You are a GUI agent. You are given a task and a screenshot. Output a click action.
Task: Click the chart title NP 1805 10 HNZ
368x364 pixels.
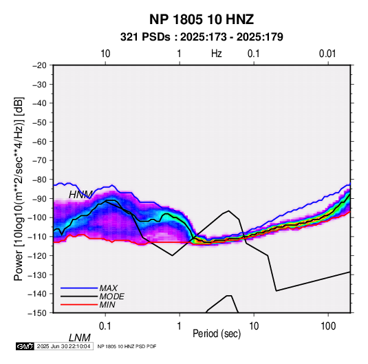click(202, 19)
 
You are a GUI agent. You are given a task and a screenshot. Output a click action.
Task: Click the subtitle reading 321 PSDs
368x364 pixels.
click(145, 37)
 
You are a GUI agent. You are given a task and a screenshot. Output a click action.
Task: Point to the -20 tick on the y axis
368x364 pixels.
click(39, 65)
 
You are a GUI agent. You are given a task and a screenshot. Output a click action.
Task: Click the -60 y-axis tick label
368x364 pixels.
click(39, 141)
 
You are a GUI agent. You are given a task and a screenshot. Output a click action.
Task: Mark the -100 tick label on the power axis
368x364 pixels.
click(37, 217)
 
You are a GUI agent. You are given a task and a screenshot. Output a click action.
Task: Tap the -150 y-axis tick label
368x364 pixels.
click(37, 313)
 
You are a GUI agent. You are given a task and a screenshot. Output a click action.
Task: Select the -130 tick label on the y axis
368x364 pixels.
click(37, 275)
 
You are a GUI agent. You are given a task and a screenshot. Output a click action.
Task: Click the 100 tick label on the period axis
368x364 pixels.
click(328, 326)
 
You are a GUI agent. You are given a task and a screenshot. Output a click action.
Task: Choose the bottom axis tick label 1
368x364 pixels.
click(180, 326)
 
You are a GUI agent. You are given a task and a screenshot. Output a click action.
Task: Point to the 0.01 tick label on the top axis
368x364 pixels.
click(327, 54)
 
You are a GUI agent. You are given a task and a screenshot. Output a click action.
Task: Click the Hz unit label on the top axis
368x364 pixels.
click(217, 54)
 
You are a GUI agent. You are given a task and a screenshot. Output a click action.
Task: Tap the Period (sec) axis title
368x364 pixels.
click(217, 334)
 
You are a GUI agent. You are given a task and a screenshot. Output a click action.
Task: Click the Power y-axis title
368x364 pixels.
click(19, 189)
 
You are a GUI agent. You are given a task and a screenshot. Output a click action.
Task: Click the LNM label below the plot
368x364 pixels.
click(80, 338)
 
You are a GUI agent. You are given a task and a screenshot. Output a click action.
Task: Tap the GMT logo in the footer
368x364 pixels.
click(25, 346)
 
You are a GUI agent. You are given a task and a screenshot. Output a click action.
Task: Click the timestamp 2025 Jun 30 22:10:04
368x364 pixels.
click(63, 346)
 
